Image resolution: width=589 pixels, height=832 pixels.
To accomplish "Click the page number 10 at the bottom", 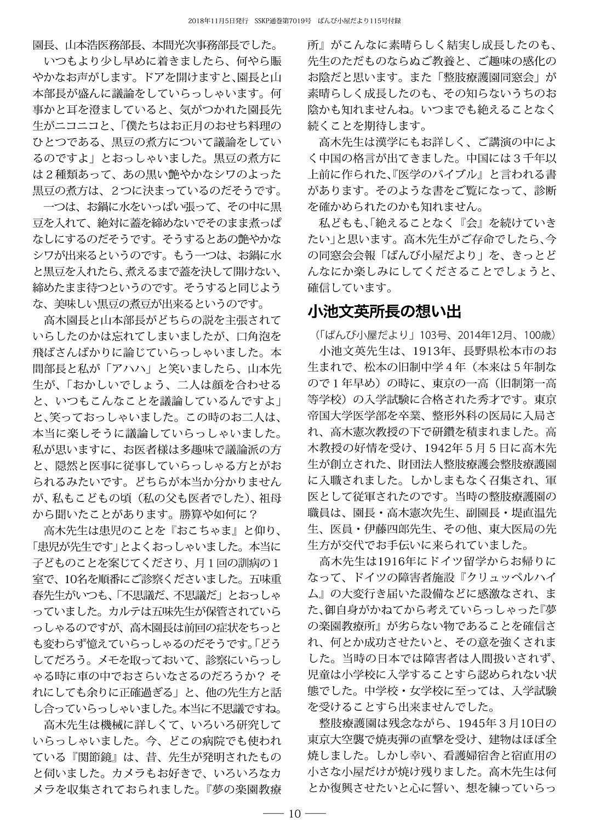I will coord(295,813).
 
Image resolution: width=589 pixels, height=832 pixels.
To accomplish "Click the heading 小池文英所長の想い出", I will coord(384,312).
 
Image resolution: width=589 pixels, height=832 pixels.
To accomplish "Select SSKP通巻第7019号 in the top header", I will coord(283,20).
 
